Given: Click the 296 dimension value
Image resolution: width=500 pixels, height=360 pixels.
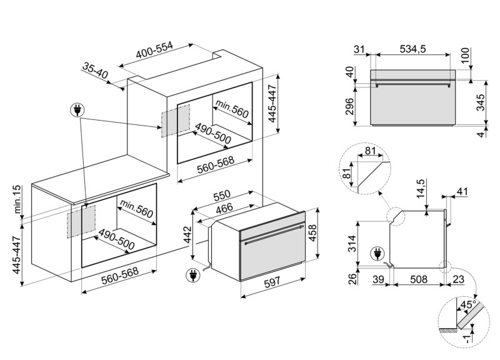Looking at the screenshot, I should point(349,109).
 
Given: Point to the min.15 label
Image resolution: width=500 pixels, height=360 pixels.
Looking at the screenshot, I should point(17,198).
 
